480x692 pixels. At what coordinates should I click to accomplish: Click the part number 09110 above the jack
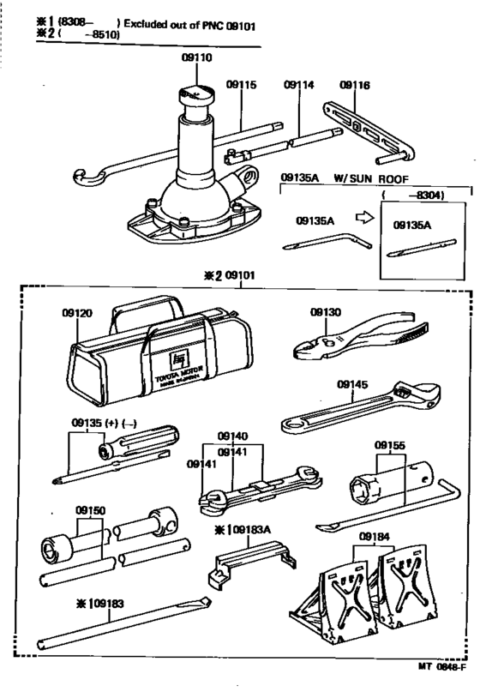195,60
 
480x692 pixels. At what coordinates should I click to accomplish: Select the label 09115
241,85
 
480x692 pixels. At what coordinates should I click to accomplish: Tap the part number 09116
354,85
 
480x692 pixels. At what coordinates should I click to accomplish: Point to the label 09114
297,85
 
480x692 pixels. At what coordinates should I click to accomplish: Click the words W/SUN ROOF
363,178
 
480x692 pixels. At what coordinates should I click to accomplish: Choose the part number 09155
390,446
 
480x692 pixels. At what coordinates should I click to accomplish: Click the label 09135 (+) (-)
103,423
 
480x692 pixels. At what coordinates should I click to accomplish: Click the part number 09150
90,509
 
